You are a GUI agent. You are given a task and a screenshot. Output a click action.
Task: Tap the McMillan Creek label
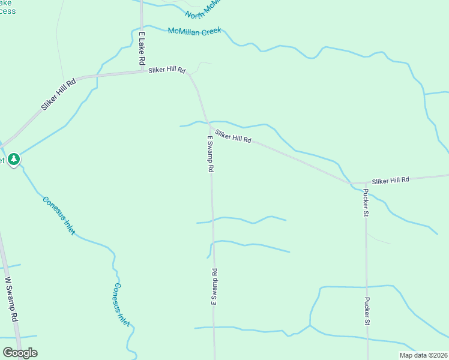[194, 31]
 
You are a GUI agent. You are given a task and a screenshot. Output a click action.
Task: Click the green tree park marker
[14, 160]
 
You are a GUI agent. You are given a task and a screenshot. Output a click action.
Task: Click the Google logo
[20, 353]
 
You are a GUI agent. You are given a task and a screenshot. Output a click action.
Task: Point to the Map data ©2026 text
[423, 355]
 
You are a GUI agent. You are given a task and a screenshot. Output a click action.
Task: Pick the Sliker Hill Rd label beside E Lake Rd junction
[168, 70]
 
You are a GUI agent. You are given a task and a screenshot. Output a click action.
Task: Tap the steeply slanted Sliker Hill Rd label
[59, 94]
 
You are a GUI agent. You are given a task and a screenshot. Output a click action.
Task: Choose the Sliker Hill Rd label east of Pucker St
[390, 179]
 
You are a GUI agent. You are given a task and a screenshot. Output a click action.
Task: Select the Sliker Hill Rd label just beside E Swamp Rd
[233, 136]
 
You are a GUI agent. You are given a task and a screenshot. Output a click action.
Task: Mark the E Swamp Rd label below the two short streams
[214, 288]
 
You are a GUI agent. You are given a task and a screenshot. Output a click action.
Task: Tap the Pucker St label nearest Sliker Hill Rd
[366, 203]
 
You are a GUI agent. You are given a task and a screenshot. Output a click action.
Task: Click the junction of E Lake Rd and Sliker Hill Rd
[142, 72]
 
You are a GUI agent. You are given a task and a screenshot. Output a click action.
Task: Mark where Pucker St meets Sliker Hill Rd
[366, 182]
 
